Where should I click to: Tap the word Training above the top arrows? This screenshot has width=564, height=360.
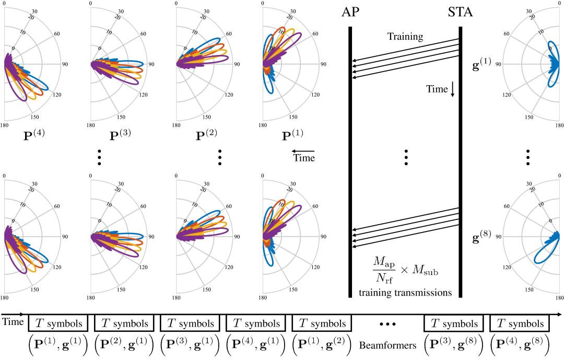click(x=405, y=37)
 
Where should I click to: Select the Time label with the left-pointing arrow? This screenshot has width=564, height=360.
click(x=304, y=158)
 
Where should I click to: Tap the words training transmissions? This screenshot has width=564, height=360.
click(x=405, y=293)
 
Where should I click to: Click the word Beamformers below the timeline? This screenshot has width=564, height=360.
click(x=387, y=345)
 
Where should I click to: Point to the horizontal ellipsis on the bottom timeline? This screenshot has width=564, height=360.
click(x=387, y=324)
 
